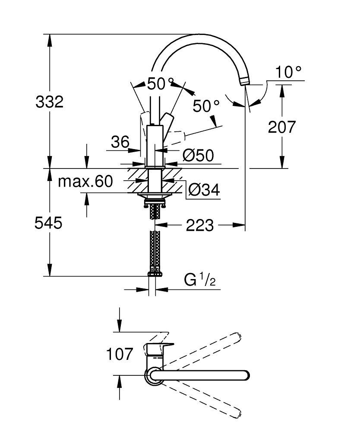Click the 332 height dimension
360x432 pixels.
50,102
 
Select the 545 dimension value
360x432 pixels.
49,223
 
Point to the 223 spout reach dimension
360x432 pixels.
199,225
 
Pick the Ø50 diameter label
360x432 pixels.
198,156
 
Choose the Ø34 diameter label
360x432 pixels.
204,190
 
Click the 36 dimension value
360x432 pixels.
120,142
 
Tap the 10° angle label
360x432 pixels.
288,73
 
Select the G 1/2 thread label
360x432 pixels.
199,281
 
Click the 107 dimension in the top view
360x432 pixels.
120,355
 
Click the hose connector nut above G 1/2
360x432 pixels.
155,273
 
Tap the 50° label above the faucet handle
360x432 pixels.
160,83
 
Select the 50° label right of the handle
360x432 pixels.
206,106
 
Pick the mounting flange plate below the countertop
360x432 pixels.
154,196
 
